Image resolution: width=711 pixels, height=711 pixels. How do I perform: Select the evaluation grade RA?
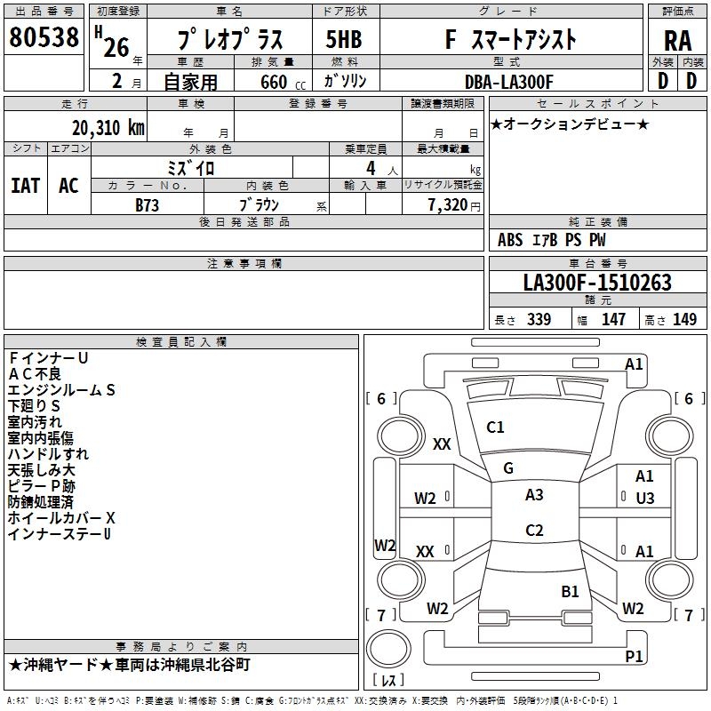[677, 41]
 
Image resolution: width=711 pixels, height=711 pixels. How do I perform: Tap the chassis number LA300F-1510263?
[597, 284]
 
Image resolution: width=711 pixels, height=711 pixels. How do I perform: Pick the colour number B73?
[148, 204]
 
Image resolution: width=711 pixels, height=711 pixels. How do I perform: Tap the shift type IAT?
[25, 186]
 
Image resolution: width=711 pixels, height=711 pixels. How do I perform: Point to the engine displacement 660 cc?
[272, 82]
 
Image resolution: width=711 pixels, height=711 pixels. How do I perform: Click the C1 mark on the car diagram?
[495, 427]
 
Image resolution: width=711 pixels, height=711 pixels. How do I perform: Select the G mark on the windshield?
[508, 467]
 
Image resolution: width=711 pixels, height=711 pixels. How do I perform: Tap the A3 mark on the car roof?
[534, 495]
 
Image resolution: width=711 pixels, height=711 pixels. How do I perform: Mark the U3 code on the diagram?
[645, 499]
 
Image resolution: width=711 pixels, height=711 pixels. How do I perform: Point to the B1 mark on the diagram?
[570, 591]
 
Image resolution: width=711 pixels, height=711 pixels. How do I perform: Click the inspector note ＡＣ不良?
[36, 374]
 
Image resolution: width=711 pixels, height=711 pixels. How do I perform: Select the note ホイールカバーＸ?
[61, 518]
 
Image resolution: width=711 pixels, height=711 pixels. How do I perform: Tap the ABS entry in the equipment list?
[510, 240]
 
